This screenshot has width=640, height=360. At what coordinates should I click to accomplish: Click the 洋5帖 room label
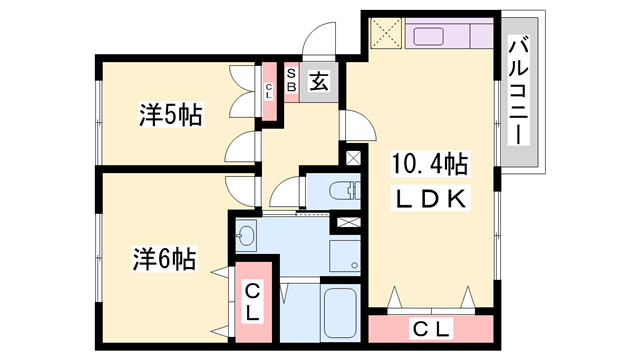click(170, 115)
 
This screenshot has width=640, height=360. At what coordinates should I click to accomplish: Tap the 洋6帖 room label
click(163, 260)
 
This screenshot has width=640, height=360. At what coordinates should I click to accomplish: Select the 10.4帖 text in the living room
click(430, 162)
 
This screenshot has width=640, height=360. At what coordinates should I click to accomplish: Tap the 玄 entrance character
click(317, 83)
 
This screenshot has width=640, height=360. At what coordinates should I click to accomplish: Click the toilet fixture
click(341, 189)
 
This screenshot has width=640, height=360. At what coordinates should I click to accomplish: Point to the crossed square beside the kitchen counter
click(384, 36)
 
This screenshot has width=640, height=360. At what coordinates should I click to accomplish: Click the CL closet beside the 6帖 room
click(253, 300)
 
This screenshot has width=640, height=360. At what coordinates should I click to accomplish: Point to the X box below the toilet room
click(349, 223)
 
